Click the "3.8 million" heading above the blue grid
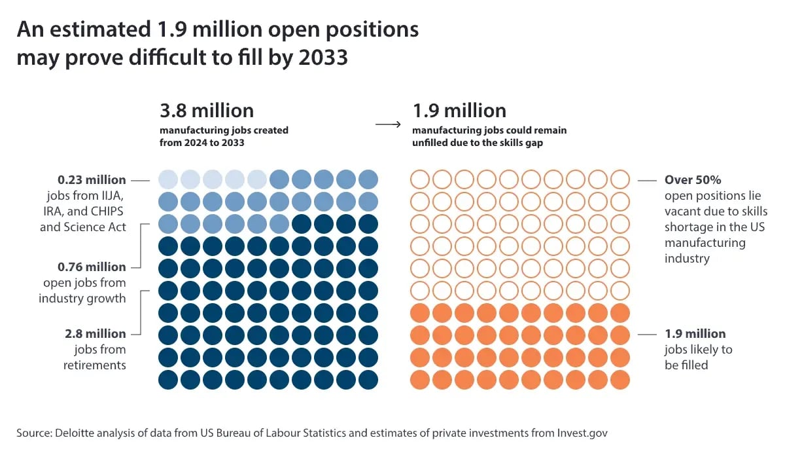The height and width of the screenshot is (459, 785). click(x=207, y=110)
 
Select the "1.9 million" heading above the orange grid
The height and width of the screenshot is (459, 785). click(x=459, y=110)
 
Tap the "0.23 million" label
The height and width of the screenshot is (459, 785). click(x=92, y=179)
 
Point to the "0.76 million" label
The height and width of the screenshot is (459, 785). click(x=92, y=266)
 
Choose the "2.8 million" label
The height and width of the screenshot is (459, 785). click(x=96, y=333)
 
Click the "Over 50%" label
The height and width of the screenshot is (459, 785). click(x=693, y=179)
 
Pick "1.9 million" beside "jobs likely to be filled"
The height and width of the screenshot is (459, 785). click(x=695, y=333)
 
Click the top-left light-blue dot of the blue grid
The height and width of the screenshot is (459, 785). click(x=169, y=179)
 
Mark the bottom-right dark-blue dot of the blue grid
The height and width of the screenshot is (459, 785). click(x=369, y=379)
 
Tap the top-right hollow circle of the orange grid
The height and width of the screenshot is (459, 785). click(x=620, y=179)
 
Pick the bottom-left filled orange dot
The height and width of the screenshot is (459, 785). click(x=419, y=379)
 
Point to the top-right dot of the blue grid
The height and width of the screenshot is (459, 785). click(x=369, y=179)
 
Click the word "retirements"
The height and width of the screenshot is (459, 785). click(x=94, y=365)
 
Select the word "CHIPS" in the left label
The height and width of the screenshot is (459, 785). click(x=109, y=211)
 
